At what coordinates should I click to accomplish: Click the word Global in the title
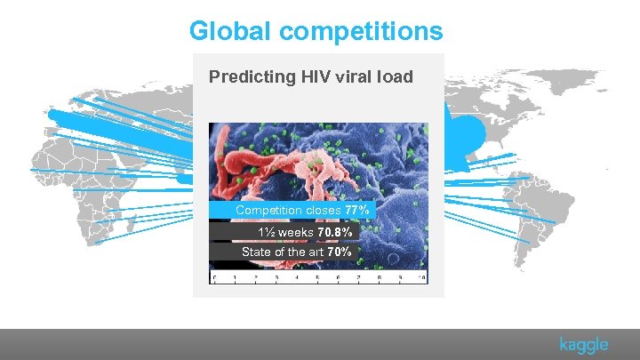tap(234, 31)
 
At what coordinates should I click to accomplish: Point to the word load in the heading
tap(396, 76)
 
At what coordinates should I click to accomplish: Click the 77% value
tap(357, 211)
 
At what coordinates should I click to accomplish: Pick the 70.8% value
tap(334, 232)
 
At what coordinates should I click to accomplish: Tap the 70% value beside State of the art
tap(340, 252)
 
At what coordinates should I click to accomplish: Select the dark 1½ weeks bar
tap(284, 232)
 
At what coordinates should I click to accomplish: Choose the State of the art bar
tap(284, 252)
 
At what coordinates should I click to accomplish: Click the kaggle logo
tap(584, 345)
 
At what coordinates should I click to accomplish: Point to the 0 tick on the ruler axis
tap(214, 278)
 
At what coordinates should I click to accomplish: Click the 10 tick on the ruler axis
tap(422, 278)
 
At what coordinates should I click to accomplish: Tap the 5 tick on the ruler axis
tap(318, 278)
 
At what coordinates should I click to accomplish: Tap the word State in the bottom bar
tap(258, 252)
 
